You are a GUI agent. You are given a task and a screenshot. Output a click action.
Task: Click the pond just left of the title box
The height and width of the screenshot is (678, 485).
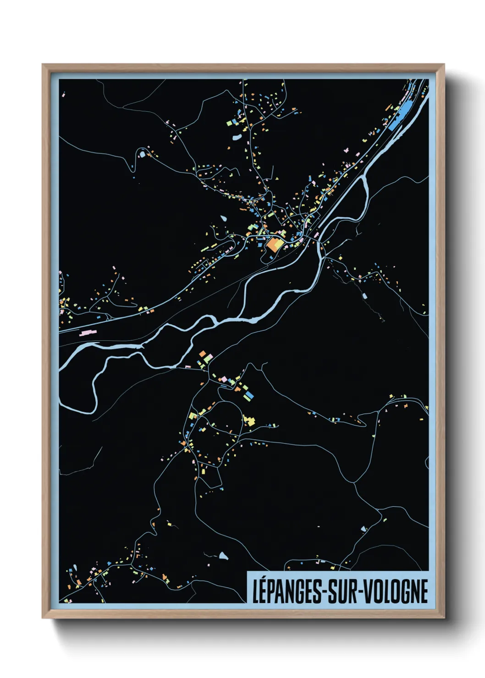coord(223,556)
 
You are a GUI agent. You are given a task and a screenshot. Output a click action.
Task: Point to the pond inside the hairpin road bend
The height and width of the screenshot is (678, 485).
coord(142,154)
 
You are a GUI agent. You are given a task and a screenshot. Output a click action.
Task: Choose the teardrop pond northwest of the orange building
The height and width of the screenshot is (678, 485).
coord(224,218)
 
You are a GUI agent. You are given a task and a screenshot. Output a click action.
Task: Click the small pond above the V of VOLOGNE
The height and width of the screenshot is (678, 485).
coord(364,529)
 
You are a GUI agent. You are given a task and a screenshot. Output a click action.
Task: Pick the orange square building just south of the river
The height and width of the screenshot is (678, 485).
coord(202,354)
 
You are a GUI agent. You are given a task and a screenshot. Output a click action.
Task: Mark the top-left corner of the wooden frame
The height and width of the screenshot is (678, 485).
coord(43,65)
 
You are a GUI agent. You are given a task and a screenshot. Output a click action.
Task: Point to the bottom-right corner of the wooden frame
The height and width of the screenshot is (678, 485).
coord(444,618)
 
